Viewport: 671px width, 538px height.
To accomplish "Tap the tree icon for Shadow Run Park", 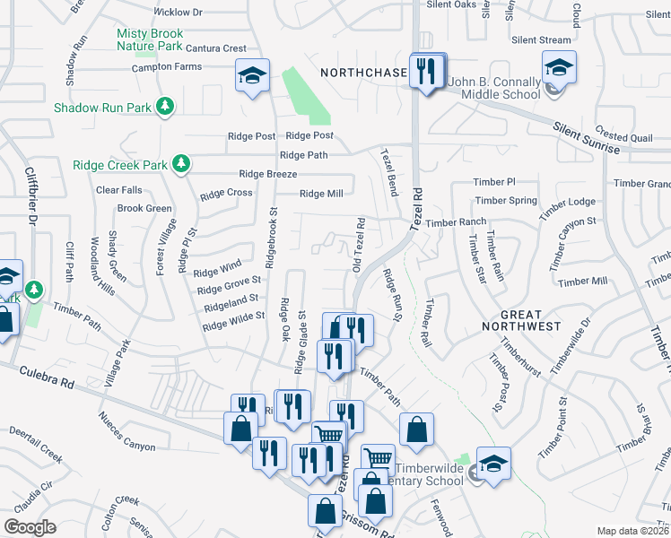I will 165,107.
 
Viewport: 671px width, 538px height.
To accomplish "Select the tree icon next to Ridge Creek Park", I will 182,164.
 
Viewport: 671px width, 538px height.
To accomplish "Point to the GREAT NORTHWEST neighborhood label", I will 521,321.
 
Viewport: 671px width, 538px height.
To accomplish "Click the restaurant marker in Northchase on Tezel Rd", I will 426,71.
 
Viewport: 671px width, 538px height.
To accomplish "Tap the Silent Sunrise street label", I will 587,139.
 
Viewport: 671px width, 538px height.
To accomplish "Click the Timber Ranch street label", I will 456,221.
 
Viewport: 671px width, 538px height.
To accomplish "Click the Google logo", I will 30,527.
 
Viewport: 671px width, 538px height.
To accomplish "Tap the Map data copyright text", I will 633,531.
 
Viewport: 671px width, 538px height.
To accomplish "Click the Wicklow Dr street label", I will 179,13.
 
